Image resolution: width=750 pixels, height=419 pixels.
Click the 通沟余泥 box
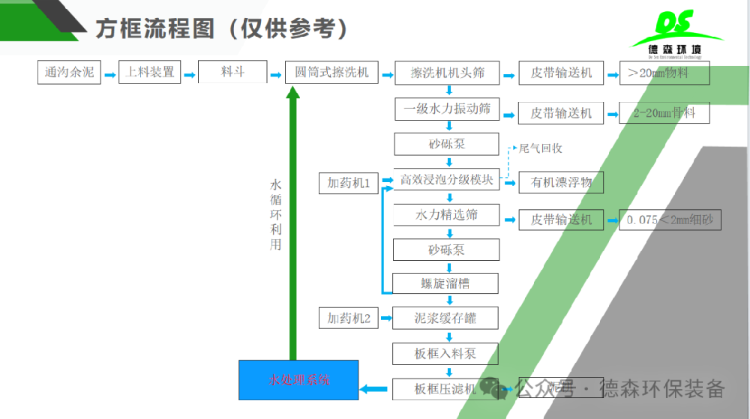(69, 73)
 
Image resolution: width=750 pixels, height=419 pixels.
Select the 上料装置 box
(150, 73)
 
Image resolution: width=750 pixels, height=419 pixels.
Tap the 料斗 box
(232, 73)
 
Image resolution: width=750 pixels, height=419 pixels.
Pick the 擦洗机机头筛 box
(447, 73)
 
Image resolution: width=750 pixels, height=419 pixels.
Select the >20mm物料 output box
(664, 73)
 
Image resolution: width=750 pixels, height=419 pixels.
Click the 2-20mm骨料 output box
(664, 112)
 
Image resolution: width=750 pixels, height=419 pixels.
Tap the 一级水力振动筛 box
(447, 109)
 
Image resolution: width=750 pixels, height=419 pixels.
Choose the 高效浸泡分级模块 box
(447, 180)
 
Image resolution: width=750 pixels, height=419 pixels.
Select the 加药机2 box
(348, 319)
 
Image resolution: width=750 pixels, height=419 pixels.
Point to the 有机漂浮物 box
(561, 182)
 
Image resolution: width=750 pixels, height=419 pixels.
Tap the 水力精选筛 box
(447, 215)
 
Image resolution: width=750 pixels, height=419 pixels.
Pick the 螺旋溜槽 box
(447, 283)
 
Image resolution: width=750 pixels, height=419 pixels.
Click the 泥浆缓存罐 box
(447, 319)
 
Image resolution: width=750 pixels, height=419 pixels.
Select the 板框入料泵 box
(447, 354)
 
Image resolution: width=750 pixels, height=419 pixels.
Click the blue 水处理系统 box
(298, 380)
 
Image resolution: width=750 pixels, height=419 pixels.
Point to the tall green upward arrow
(293, 225)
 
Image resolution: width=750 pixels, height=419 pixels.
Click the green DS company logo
(676, 34)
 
